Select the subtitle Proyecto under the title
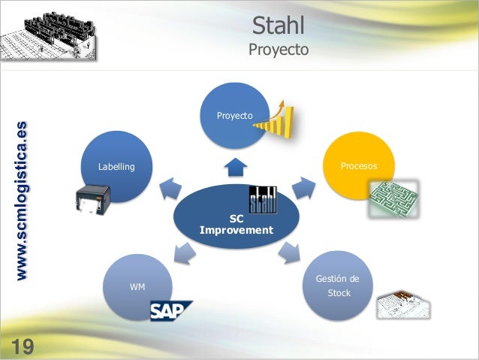[x=279, y=50]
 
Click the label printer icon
[x=92, y=201]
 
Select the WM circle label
[x=137, y=287]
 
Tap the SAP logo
[x=170, y=310]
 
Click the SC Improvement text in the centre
[x=236, y=225]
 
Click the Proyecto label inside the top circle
[x=234, y=116]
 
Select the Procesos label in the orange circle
[x=359, y=165]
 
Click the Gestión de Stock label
[x=338, y=286]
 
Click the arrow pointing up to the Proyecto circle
[x=237, y=165]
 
